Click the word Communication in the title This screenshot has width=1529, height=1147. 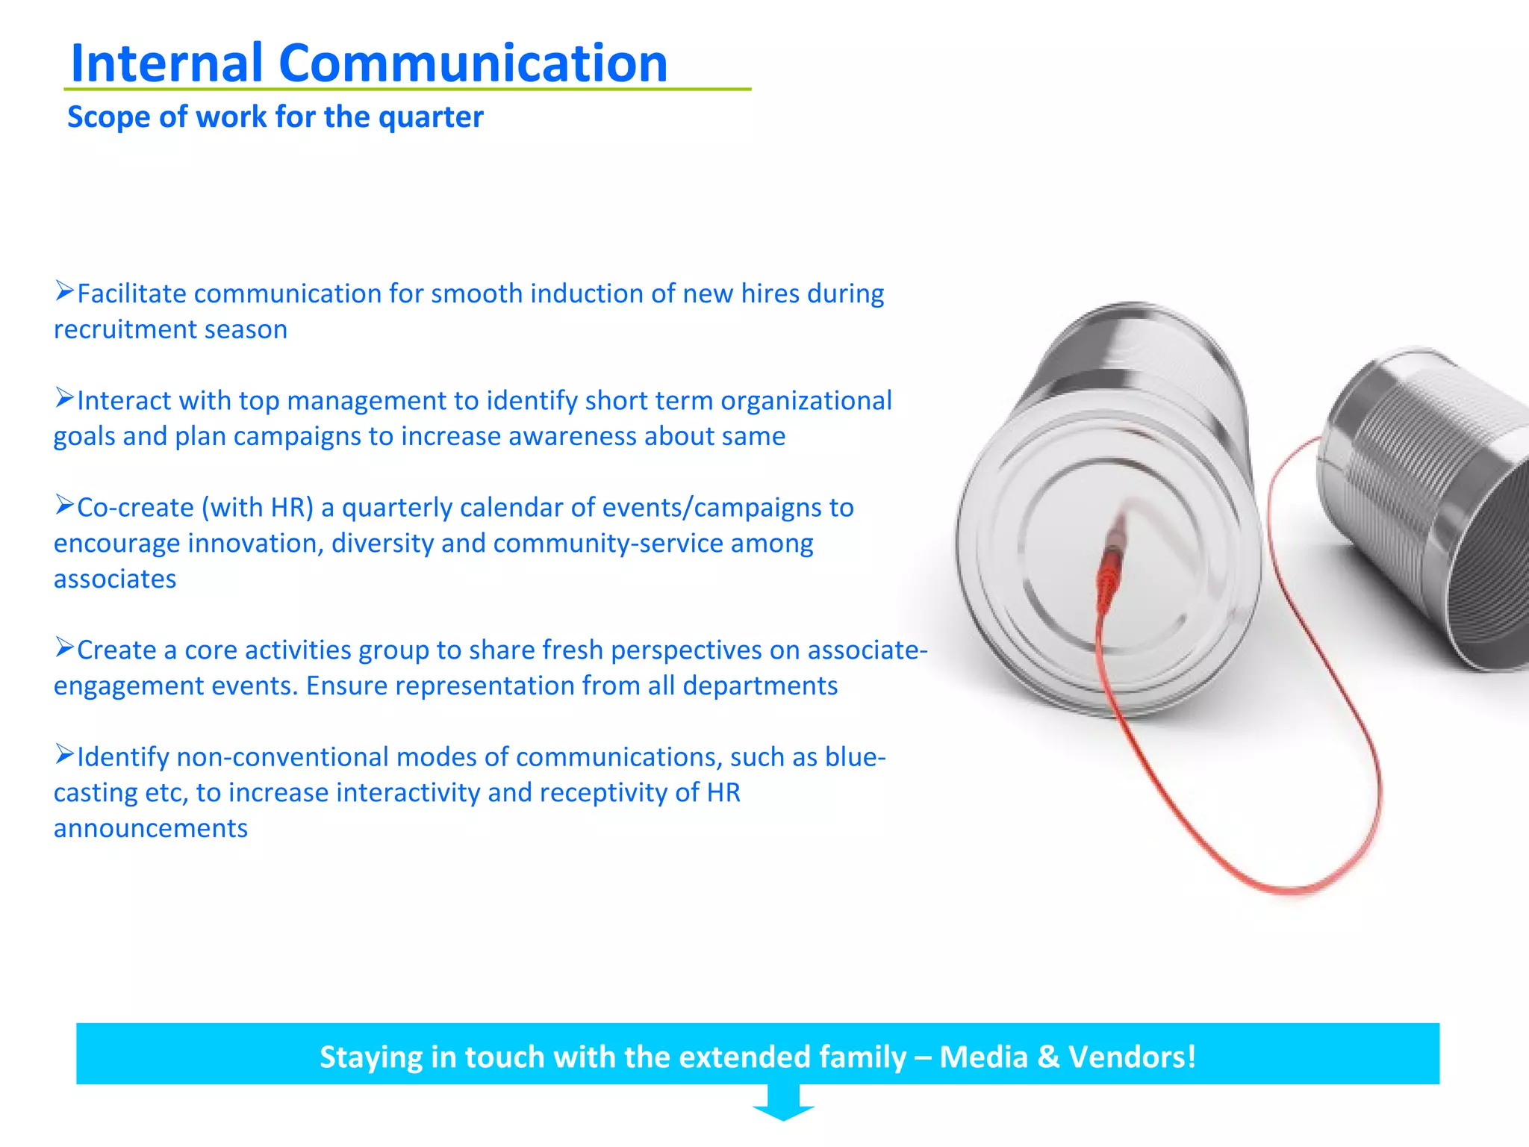473,63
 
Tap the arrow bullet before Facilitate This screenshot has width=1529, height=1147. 64,290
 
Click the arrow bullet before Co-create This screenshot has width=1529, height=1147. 64,505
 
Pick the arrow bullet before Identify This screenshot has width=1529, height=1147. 64,754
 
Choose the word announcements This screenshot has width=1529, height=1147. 151,829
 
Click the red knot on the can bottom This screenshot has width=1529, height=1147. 1110,568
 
